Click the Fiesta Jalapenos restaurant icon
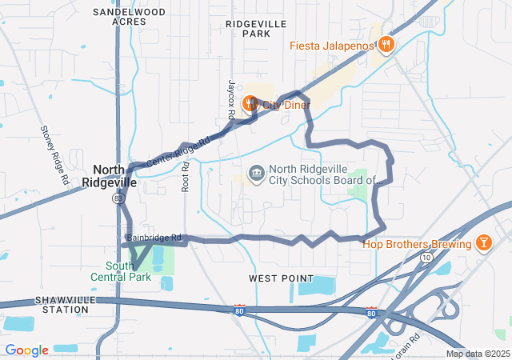(386, 45)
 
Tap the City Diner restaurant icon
(250, 104)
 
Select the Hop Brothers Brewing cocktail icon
(484, 242)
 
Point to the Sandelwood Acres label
(129, 17)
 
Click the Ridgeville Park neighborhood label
(256, 29)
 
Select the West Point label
(281, 277)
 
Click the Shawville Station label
(62, 304)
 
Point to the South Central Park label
(128, 271)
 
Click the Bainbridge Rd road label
(154, 238)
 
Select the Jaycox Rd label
(230, 99)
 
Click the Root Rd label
(185, 176)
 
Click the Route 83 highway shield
(118, 197)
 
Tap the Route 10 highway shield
(427, 258)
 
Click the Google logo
(26, 350)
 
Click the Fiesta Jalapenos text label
(332, 46)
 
